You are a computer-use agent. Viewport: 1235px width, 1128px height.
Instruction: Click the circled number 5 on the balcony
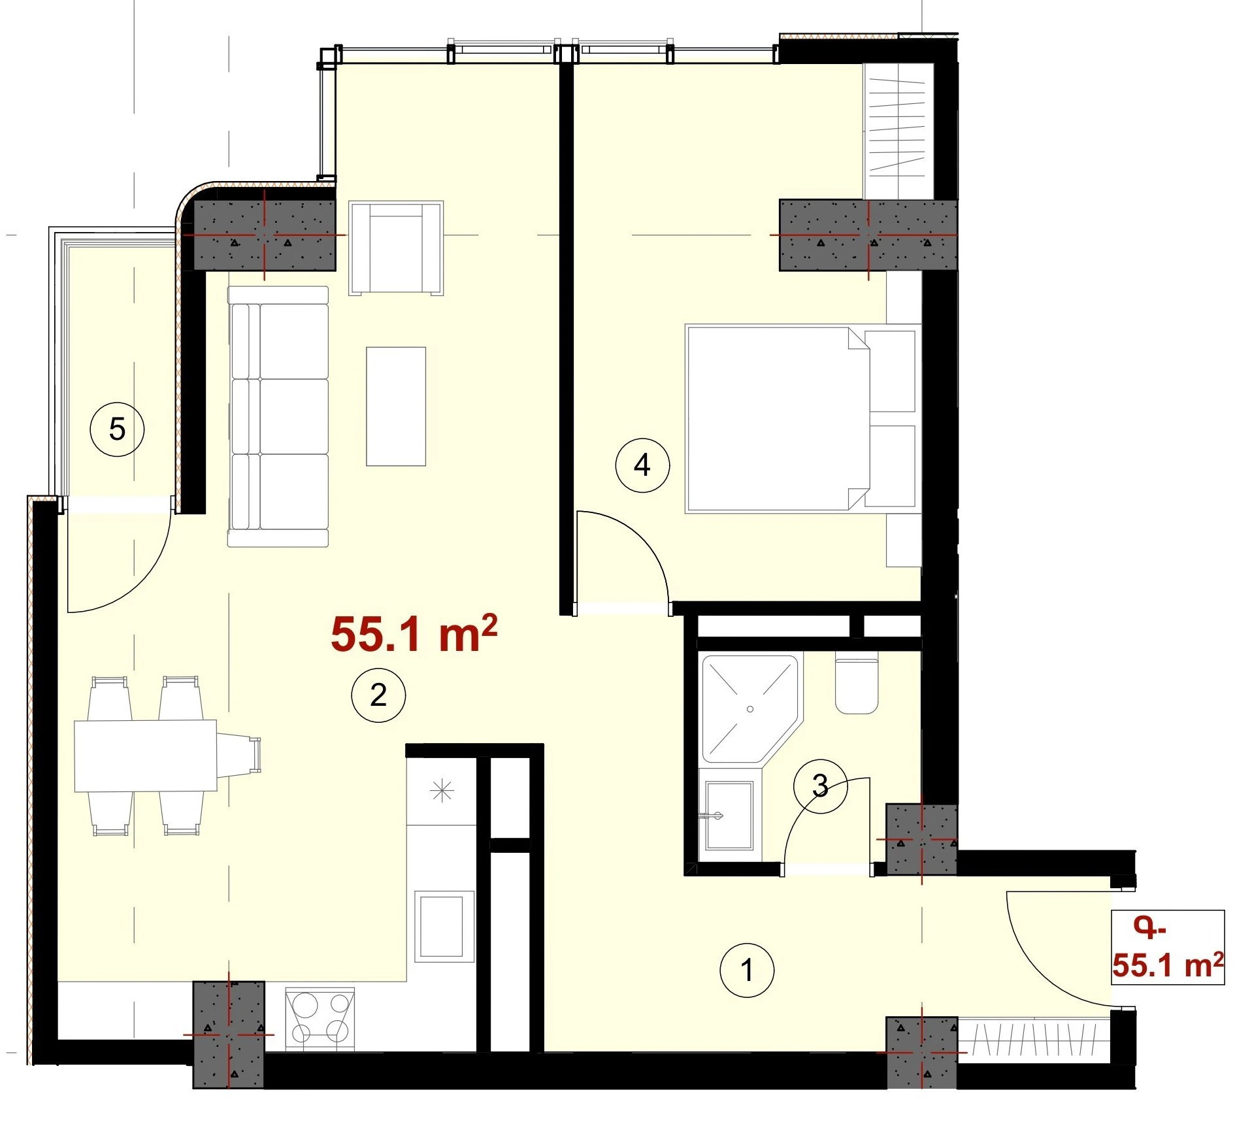click(117, 429)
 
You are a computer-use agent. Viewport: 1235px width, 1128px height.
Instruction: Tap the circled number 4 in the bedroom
click(642, 465)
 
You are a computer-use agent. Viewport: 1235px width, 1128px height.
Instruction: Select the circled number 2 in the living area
click(378, 695)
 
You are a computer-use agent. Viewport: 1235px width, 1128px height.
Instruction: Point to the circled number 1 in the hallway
click(747, 970)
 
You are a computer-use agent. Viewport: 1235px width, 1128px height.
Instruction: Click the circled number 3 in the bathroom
click(820, 786)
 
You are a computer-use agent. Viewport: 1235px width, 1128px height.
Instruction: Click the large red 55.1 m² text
click(414, 633)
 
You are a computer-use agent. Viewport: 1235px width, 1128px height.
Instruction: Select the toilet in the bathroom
click(857, 684)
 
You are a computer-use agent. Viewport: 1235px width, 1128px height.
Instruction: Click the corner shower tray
click(751, 709)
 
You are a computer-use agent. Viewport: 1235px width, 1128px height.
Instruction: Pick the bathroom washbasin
click(729, 815)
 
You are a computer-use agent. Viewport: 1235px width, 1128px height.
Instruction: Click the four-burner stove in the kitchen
click(320, 1019)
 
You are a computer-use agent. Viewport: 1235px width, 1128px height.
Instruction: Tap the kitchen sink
click(444, 926)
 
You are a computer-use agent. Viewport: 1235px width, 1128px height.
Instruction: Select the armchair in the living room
click(396, 248)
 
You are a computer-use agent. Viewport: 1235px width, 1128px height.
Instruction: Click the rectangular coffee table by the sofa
click(396, 406)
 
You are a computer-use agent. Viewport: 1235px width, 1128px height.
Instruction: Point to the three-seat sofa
click(278, 416)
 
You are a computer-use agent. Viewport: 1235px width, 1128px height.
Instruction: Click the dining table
click(145, 755)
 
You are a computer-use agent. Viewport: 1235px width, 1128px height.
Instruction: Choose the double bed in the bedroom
click(802, 418)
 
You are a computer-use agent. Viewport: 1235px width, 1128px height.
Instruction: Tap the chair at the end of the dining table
click(239, 755)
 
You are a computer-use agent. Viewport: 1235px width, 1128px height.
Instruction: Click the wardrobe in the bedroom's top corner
click(898, 131)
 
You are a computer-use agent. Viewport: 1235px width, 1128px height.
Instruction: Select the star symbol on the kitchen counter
click(442, 791)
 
